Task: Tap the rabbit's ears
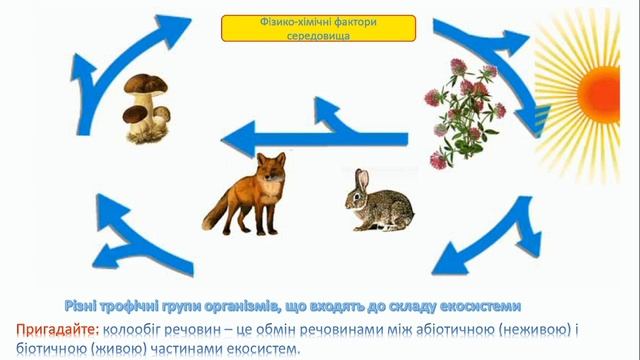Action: pos(362,180)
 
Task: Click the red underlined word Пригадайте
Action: pos(56,329)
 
